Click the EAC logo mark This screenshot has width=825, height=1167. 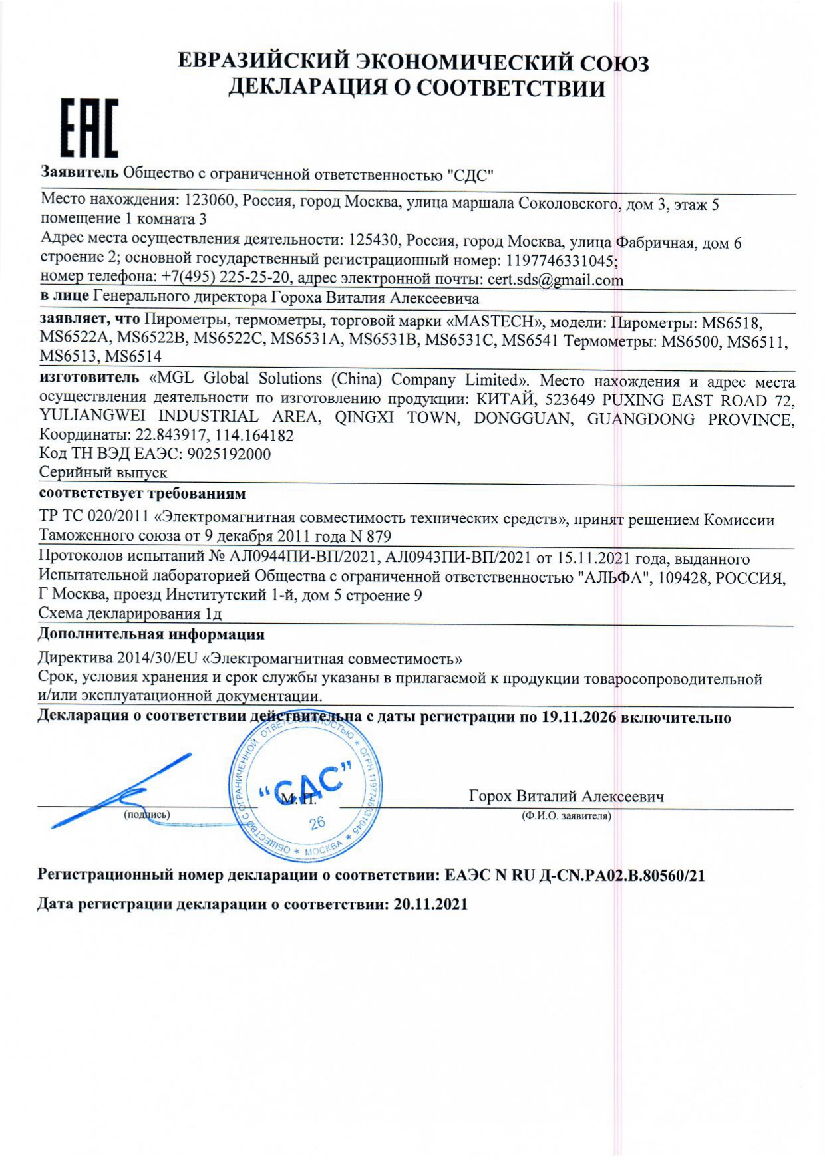90,129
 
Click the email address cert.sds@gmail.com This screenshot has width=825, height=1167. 555,280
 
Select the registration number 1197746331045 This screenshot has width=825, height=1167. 561,261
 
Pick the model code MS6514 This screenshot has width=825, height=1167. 133,356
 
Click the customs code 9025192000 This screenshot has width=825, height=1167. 230,454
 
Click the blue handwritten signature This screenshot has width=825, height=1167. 120,791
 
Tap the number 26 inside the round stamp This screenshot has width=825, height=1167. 317,823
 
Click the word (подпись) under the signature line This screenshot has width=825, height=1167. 146,814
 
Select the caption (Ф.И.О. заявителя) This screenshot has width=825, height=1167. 566,815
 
